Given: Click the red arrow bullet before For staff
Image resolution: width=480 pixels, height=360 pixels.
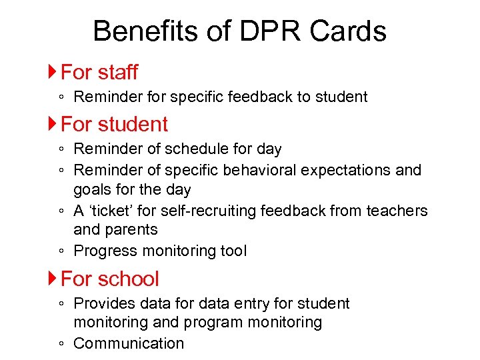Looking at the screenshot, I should (x=53, y=71).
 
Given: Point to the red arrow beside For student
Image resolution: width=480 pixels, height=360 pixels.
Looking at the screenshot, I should (x=53, y=124).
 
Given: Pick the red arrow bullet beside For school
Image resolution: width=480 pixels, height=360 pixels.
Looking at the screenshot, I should (x=53, y=279).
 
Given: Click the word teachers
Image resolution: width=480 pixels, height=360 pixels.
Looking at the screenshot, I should (x=398, y=211).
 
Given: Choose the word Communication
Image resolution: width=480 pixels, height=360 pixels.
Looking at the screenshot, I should (x=129, y=343).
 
